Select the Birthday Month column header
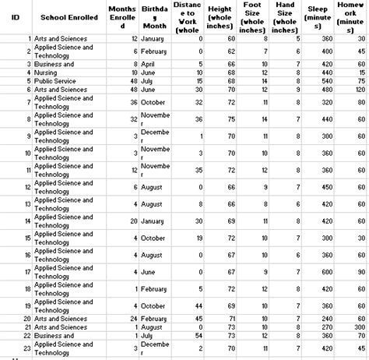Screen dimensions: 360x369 (x=153, y=16)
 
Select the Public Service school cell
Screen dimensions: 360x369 (x=54, y=79)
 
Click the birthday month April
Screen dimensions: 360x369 (x=149, y=64)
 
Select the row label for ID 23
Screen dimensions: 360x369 (x=26, y=347)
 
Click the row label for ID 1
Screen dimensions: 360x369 (x=28, y=38)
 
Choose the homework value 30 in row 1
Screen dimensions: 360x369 (x=362, y=38)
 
